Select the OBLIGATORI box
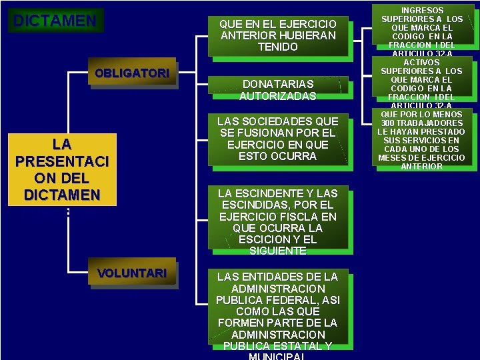(132, 74)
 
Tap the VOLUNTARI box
(132, 273)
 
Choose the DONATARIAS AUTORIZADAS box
(278, 90)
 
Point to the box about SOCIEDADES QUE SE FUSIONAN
(278, 139)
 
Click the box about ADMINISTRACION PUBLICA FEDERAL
(278, 311)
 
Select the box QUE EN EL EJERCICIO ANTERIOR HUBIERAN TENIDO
(278, 35)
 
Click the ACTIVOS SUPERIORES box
(421, 83)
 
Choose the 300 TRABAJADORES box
(421, 139)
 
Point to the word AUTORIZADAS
(278, 96)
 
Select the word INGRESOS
(422, 11)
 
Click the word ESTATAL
(300, 346)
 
